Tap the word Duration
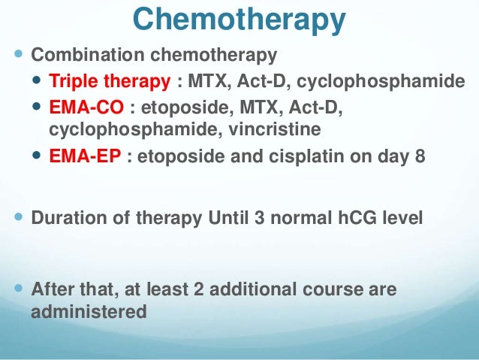[67, 219]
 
